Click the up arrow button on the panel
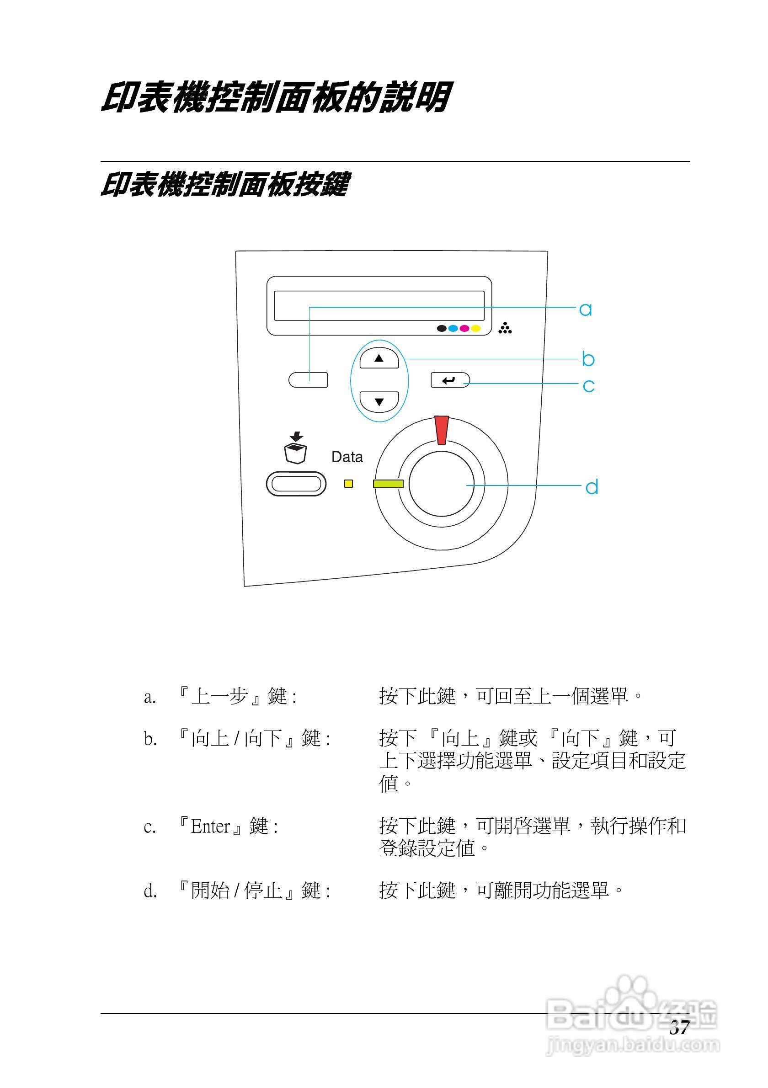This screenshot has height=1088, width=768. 379,359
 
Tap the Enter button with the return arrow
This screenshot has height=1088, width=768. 449,380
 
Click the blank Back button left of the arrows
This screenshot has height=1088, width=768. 308,380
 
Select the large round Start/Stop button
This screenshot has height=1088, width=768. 441,483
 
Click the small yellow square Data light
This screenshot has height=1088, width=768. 348,484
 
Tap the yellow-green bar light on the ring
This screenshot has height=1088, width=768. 388,484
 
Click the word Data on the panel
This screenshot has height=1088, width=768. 347,457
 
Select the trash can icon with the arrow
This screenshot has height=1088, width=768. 296,448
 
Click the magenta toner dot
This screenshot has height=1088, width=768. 465,328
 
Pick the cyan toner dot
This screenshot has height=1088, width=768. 453,328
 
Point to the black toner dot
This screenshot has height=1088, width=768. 442,328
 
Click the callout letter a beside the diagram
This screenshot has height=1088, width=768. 586,309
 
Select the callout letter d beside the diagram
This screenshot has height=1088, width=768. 592,487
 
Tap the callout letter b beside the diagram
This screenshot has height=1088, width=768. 588,359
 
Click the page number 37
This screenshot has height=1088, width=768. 679,1028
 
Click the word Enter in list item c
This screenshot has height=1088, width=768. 210,827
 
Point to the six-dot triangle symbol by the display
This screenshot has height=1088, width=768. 505,328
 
